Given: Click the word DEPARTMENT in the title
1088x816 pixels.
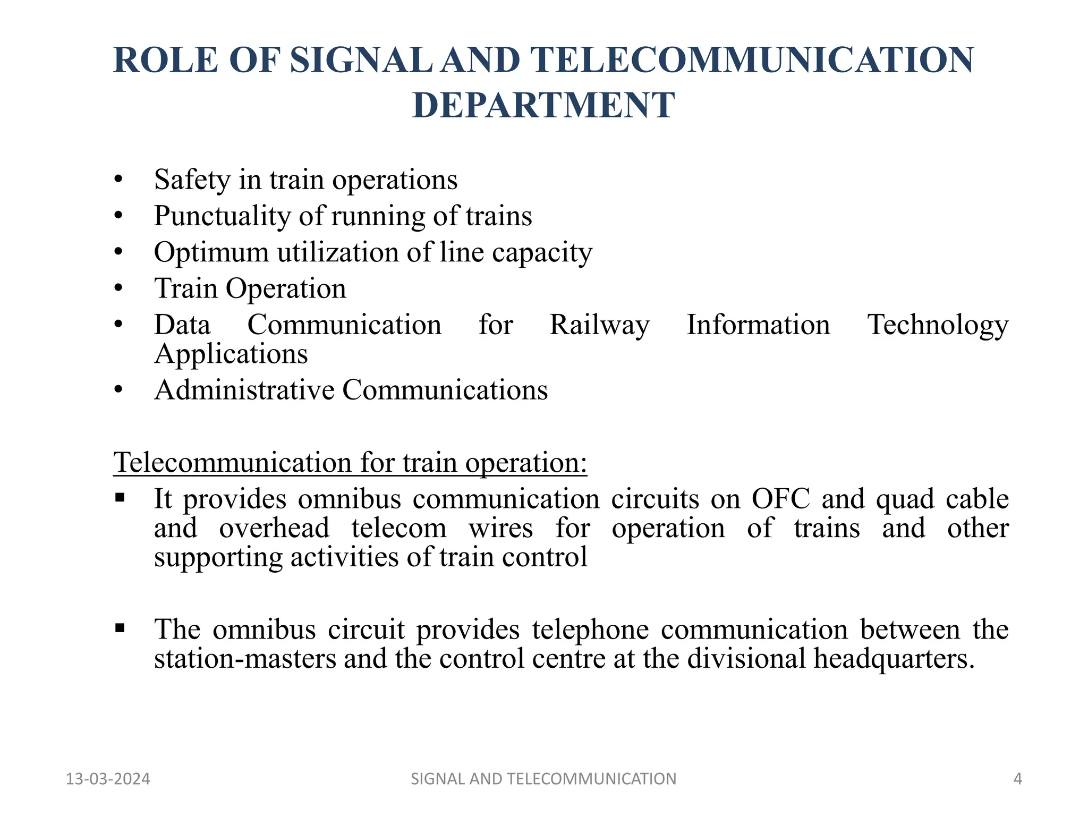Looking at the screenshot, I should pyautogui.click(x=543, y=105).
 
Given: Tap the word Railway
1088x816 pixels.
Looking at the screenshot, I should pyautogui.click(x=599, y=325).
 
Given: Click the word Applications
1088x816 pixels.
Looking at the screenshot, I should pyautogui.click(x=231, y=354).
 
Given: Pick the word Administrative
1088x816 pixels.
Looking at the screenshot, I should pyautogui.click(x=244, y=390).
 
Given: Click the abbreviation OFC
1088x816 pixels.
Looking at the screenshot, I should pyautogui.click(x=781, y=499).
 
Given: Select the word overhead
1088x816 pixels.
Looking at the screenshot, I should pyautogui.click(x=274, y=528).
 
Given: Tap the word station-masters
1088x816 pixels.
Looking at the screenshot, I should pyautogui.click(x=245, y=658).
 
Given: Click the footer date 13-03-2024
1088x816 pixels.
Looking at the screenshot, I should pyautogui.click(x=108, y=779).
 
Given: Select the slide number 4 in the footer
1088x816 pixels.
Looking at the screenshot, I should pyautogui.click(x=1017, y=779).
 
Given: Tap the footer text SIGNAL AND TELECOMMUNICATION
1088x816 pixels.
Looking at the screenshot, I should pyautogui.click(x=543, y=779).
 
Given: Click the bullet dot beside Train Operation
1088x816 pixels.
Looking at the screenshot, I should pyautogui.click(x=118, y=288).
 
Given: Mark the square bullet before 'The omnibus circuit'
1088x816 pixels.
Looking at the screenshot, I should pyautogui.click(x=120, y=628).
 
